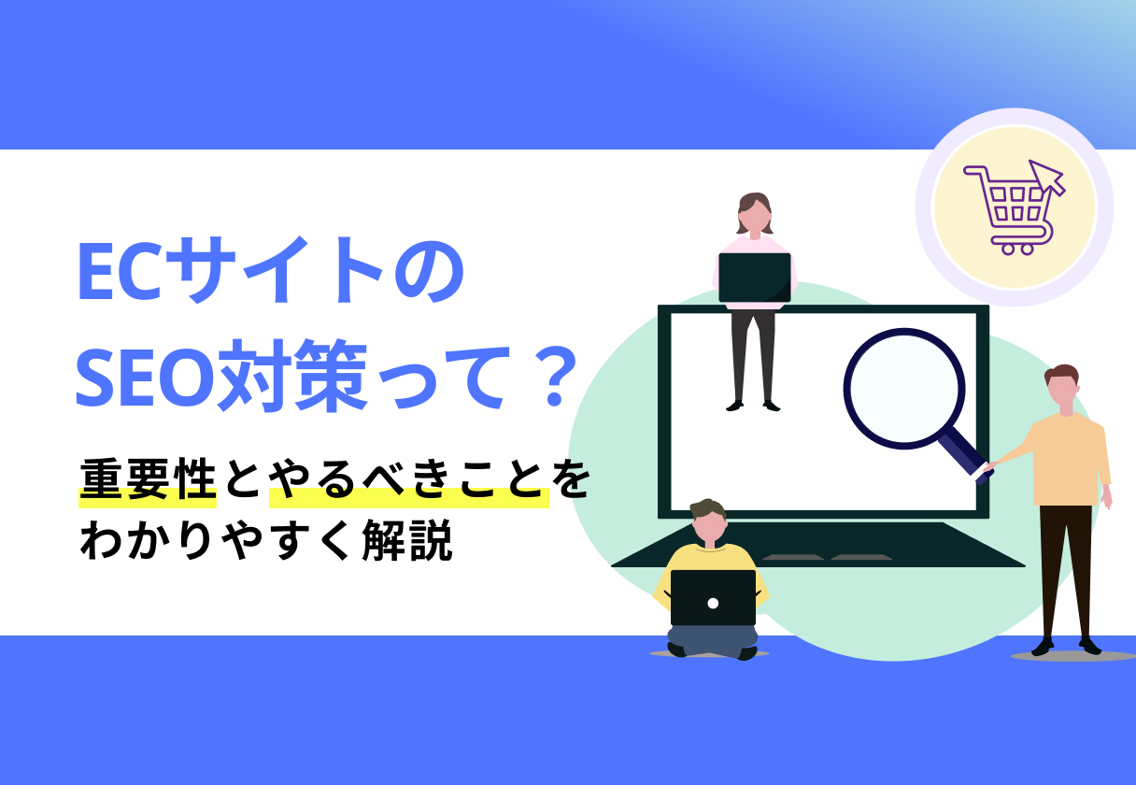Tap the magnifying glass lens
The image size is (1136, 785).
coord(903,387)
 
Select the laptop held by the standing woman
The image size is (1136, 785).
coord(755,278)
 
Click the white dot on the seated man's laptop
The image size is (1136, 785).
coord(713,603)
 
